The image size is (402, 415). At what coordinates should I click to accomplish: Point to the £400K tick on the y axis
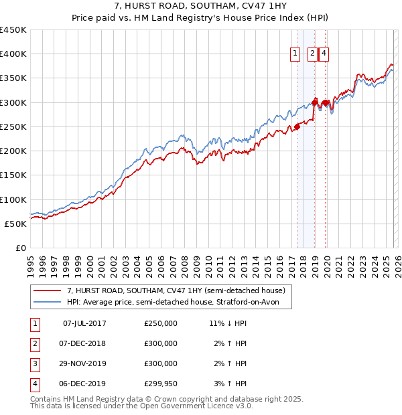13,54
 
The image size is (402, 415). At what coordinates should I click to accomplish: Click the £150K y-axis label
13,175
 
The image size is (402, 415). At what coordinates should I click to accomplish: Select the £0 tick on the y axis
20,248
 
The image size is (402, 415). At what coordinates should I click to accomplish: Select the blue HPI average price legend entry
178,303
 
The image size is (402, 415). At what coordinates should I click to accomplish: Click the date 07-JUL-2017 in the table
84,323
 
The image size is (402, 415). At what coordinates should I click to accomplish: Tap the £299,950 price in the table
161,384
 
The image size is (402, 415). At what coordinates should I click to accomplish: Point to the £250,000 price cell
161,323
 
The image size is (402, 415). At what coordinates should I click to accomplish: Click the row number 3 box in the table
34,363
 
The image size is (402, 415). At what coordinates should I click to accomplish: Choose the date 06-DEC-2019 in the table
84,384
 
